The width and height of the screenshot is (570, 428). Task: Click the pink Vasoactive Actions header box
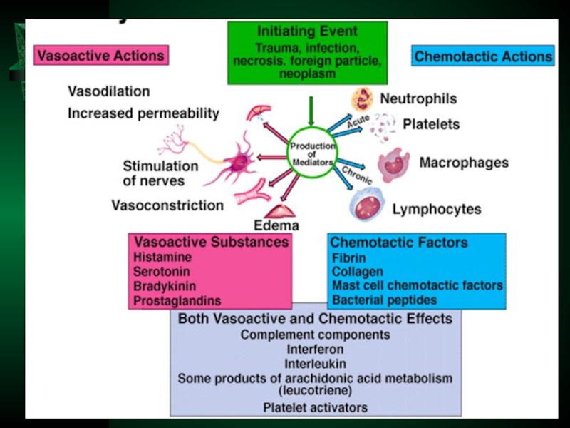point(100,56)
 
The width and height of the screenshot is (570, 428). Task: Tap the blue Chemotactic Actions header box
point(483,56)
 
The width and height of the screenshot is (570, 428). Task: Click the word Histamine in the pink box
point(162,257)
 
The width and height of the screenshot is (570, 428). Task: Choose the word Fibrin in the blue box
point(349,258)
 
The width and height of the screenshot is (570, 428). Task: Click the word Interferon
point(315,350)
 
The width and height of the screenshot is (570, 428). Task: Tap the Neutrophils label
point(418,98)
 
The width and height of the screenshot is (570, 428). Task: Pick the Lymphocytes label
point(436,210)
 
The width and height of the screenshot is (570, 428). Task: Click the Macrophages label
point(464,163)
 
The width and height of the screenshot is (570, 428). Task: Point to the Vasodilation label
point(108,91)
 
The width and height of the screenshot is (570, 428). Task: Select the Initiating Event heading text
point(307,31)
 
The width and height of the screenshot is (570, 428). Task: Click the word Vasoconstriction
point(167,205)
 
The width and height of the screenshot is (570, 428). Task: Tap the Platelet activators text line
point(315,407)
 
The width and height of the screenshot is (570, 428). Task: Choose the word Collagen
point(358,272)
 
